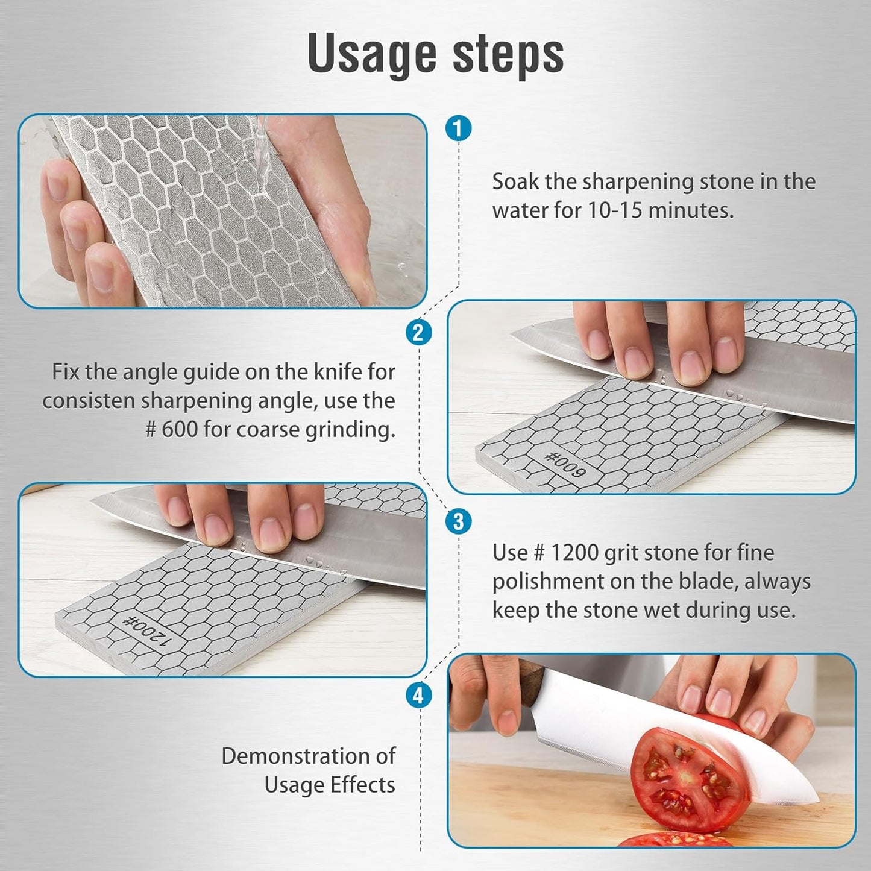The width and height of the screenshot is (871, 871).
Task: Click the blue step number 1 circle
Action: [x=458, y=128]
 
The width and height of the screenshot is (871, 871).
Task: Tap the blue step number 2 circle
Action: [x=418, y=332]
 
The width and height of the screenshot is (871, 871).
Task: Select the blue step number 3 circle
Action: [x=458, y=521]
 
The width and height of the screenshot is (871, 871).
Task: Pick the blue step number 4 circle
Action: [x=418, y=696]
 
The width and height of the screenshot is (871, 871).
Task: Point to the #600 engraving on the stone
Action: [x=564, y=464]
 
